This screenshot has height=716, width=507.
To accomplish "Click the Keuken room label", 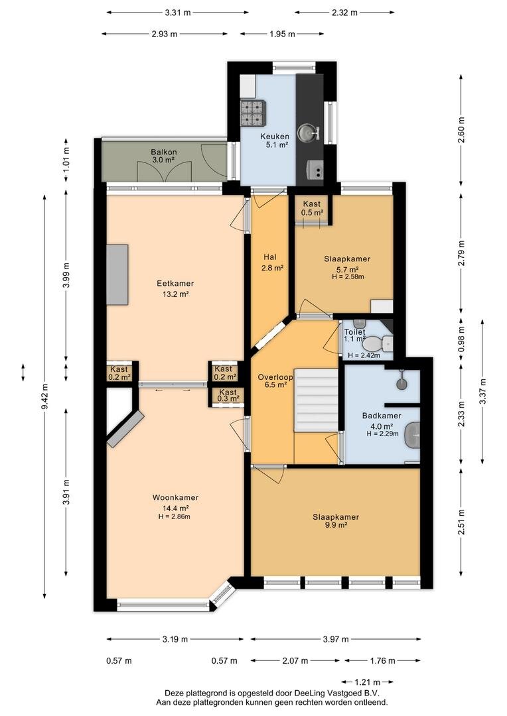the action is [x=275, y=136].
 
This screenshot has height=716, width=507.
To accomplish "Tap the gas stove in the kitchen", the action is [x=253, y=113].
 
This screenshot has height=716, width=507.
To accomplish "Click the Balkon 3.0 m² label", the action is [x=164, y=156].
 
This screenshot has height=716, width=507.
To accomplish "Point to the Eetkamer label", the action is [x=176, y=284].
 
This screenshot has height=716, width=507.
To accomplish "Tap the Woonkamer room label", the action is [x=176, y=498].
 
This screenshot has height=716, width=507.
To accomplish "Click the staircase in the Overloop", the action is [x=316, y=400].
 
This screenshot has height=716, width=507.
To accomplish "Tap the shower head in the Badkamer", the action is [x=402, y=383].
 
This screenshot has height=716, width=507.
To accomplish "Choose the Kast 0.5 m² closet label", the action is [x=312, y=208].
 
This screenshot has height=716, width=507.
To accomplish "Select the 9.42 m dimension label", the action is [x=44, y=397].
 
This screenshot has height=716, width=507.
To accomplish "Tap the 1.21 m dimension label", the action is [x=368, y=682].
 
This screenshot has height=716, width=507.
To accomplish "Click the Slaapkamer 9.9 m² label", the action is [x=336, y=521].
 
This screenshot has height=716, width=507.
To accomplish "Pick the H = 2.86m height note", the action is [x=174, y=517].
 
